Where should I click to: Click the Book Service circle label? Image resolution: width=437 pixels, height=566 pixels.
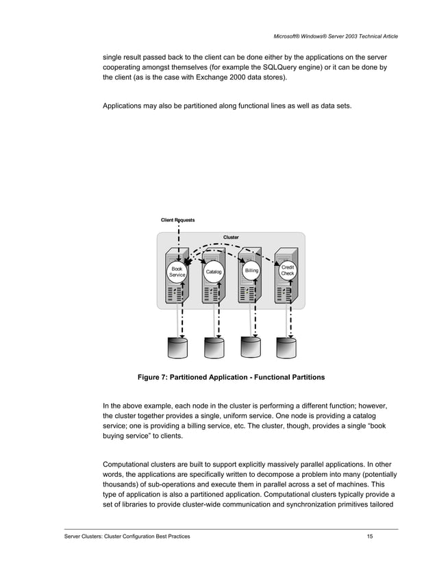click(177, 272)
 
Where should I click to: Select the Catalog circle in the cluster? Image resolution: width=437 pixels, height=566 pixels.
click(214, 272)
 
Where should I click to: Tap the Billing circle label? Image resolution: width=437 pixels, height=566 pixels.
click(251, 271)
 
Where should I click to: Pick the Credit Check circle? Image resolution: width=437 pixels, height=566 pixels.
click(288, 271)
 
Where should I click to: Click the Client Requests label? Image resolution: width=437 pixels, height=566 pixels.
click(177, 220)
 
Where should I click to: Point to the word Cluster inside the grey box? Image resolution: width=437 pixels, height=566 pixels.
click(231, 238)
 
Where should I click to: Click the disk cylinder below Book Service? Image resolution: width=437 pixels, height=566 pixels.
click(177, 347)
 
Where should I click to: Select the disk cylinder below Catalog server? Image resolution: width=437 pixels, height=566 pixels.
click(214, 347)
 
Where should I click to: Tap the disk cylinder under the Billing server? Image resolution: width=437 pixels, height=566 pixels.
click(251, 347)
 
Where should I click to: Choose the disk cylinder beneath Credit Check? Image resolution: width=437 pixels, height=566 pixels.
click(286, 347)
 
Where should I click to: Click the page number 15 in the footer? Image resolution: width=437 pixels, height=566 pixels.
click(370, 536)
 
